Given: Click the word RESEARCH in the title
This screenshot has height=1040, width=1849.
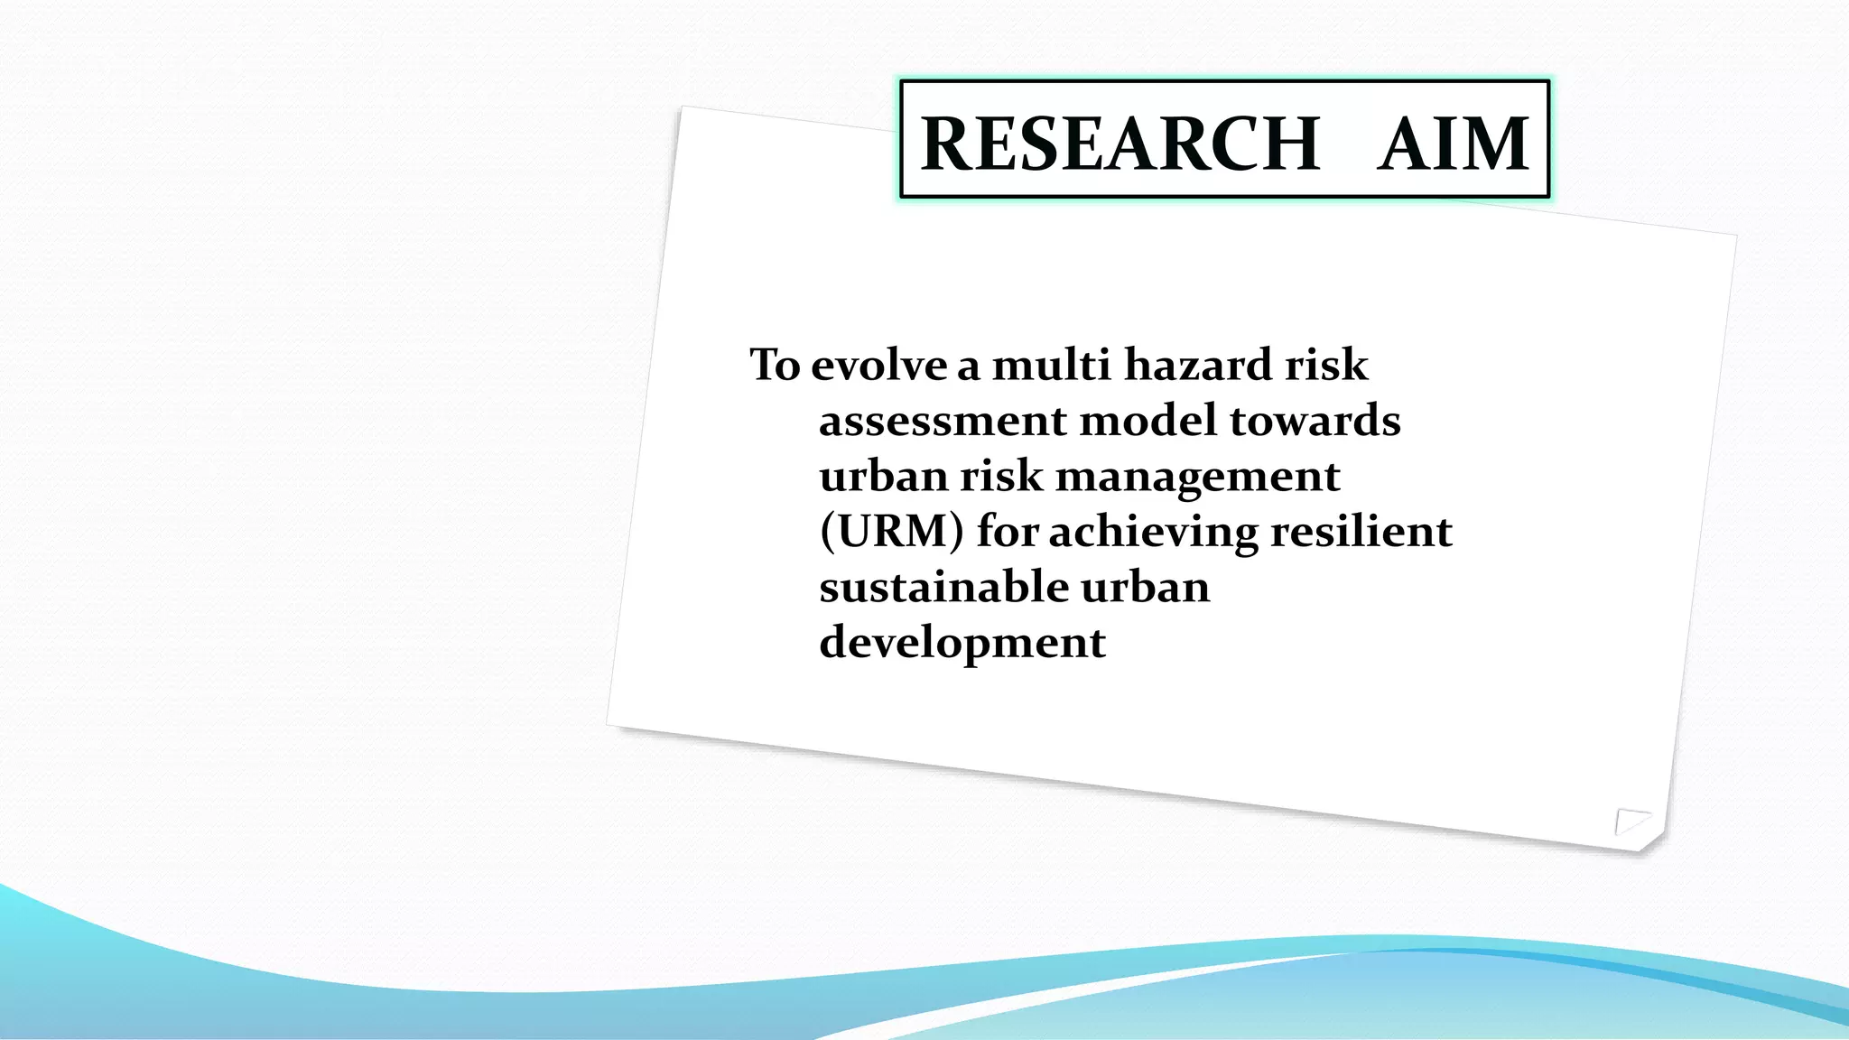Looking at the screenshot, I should point(1120,144).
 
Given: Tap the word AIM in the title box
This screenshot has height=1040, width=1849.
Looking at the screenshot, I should point(1453,144).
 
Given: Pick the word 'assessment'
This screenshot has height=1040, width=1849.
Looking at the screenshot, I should point(943,422).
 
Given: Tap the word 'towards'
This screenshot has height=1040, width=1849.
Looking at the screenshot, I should point(1315,422).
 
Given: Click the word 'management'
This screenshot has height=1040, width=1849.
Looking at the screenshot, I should point(1197,478).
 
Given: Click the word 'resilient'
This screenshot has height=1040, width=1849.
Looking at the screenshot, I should point(1361,532).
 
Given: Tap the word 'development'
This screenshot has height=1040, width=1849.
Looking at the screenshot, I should point(962,644).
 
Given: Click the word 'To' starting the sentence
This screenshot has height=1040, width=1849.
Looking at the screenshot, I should point(775,366).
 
